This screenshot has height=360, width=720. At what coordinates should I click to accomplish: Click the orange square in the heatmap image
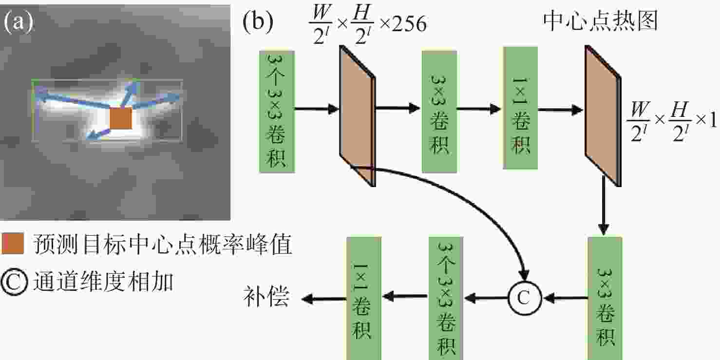coord(121,118)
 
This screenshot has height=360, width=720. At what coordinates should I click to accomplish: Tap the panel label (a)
coord(19,22)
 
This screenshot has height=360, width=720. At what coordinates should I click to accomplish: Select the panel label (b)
coord(258,22)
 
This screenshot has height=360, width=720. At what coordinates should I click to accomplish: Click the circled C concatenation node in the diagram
coord(525,298)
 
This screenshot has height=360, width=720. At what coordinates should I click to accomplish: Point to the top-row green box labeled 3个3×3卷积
coord(277,112)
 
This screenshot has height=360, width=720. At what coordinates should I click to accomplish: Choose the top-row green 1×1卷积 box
coord(520,108)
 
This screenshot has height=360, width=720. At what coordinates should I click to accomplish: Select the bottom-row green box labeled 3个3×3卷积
coord(446,298)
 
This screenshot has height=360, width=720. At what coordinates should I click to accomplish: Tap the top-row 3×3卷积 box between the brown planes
coord(439,112)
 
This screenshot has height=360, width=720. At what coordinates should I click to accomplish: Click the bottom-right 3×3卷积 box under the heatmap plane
coord(605,298)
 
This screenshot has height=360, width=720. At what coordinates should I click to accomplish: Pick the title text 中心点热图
coord(601,21)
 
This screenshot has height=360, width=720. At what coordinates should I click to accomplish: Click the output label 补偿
coord(266,296)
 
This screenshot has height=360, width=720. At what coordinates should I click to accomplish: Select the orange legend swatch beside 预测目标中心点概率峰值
coord(13,244)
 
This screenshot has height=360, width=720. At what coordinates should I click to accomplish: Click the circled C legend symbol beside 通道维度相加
coord(14,282)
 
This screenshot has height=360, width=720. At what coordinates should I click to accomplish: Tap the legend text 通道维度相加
coord(103,281)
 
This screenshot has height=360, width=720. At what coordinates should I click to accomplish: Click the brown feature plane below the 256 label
coord(358,116)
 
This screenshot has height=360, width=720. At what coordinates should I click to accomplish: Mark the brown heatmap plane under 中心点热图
coord(603,116)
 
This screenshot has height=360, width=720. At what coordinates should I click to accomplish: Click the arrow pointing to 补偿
coord(324,299)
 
